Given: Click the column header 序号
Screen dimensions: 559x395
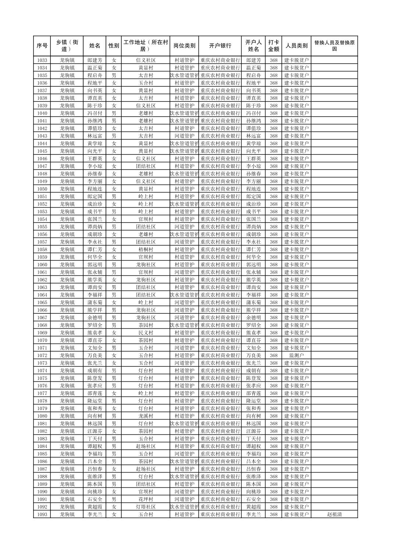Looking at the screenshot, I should (x=42, y=46).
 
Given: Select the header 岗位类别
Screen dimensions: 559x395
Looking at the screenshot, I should (x=184, y=46).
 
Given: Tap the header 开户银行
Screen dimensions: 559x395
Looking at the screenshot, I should (x=220, y=46).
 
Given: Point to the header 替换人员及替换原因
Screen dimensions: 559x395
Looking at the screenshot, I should (x=334, y=46).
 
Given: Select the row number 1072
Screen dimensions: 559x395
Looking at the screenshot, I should (x=42, y=356).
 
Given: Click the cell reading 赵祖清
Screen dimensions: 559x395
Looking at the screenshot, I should (x=334, y=515).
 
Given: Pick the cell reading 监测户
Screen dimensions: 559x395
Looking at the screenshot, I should (x=296, y=356).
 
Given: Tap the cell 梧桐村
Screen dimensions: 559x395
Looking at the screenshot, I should (x=146, y=249).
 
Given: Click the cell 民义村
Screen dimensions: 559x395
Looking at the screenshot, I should (x=146, y=333).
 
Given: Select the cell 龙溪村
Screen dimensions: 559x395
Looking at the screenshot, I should (x=146, y=416).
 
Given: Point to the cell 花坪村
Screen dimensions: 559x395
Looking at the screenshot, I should (x=146, y=499).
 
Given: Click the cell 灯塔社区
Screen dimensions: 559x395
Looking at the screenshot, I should (x=146, y=507).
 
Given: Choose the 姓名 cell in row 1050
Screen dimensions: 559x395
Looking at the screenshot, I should (x=95, y=189).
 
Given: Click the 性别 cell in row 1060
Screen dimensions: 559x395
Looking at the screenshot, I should (x=114, y=265).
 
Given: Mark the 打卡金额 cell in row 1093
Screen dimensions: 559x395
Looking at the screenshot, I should (x=273, y=515).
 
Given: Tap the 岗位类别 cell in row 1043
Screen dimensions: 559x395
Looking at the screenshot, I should (x=184, y=136).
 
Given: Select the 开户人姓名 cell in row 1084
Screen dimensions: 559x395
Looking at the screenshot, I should (x=253, y=446).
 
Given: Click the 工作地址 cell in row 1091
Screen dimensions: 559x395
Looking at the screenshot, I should (x=146, y=499).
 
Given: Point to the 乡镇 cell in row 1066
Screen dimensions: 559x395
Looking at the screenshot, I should (x=67, y=310).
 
